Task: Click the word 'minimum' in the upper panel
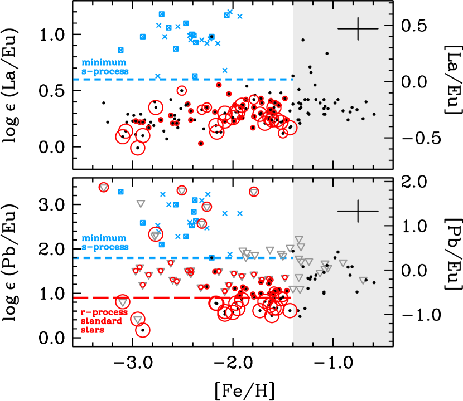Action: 104,62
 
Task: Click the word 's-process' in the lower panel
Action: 105,247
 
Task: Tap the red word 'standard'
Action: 102,321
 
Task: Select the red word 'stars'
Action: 93,330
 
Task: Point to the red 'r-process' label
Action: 104,312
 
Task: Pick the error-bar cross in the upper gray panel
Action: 358,28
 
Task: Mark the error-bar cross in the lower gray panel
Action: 358,211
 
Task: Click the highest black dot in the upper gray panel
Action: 303,40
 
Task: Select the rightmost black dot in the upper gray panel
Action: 374,114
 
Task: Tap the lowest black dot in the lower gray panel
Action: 300,316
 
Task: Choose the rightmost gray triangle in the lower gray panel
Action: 363,281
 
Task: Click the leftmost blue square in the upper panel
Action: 120,50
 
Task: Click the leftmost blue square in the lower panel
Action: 120,192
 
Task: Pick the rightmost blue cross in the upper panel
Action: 240,17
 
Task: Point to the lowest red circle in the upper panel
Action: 137,148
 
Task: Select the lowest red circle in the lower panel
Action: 143,330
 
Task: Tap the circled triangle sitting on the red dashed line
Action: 123,302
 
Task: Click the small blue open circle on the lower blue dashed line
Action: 211,258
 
